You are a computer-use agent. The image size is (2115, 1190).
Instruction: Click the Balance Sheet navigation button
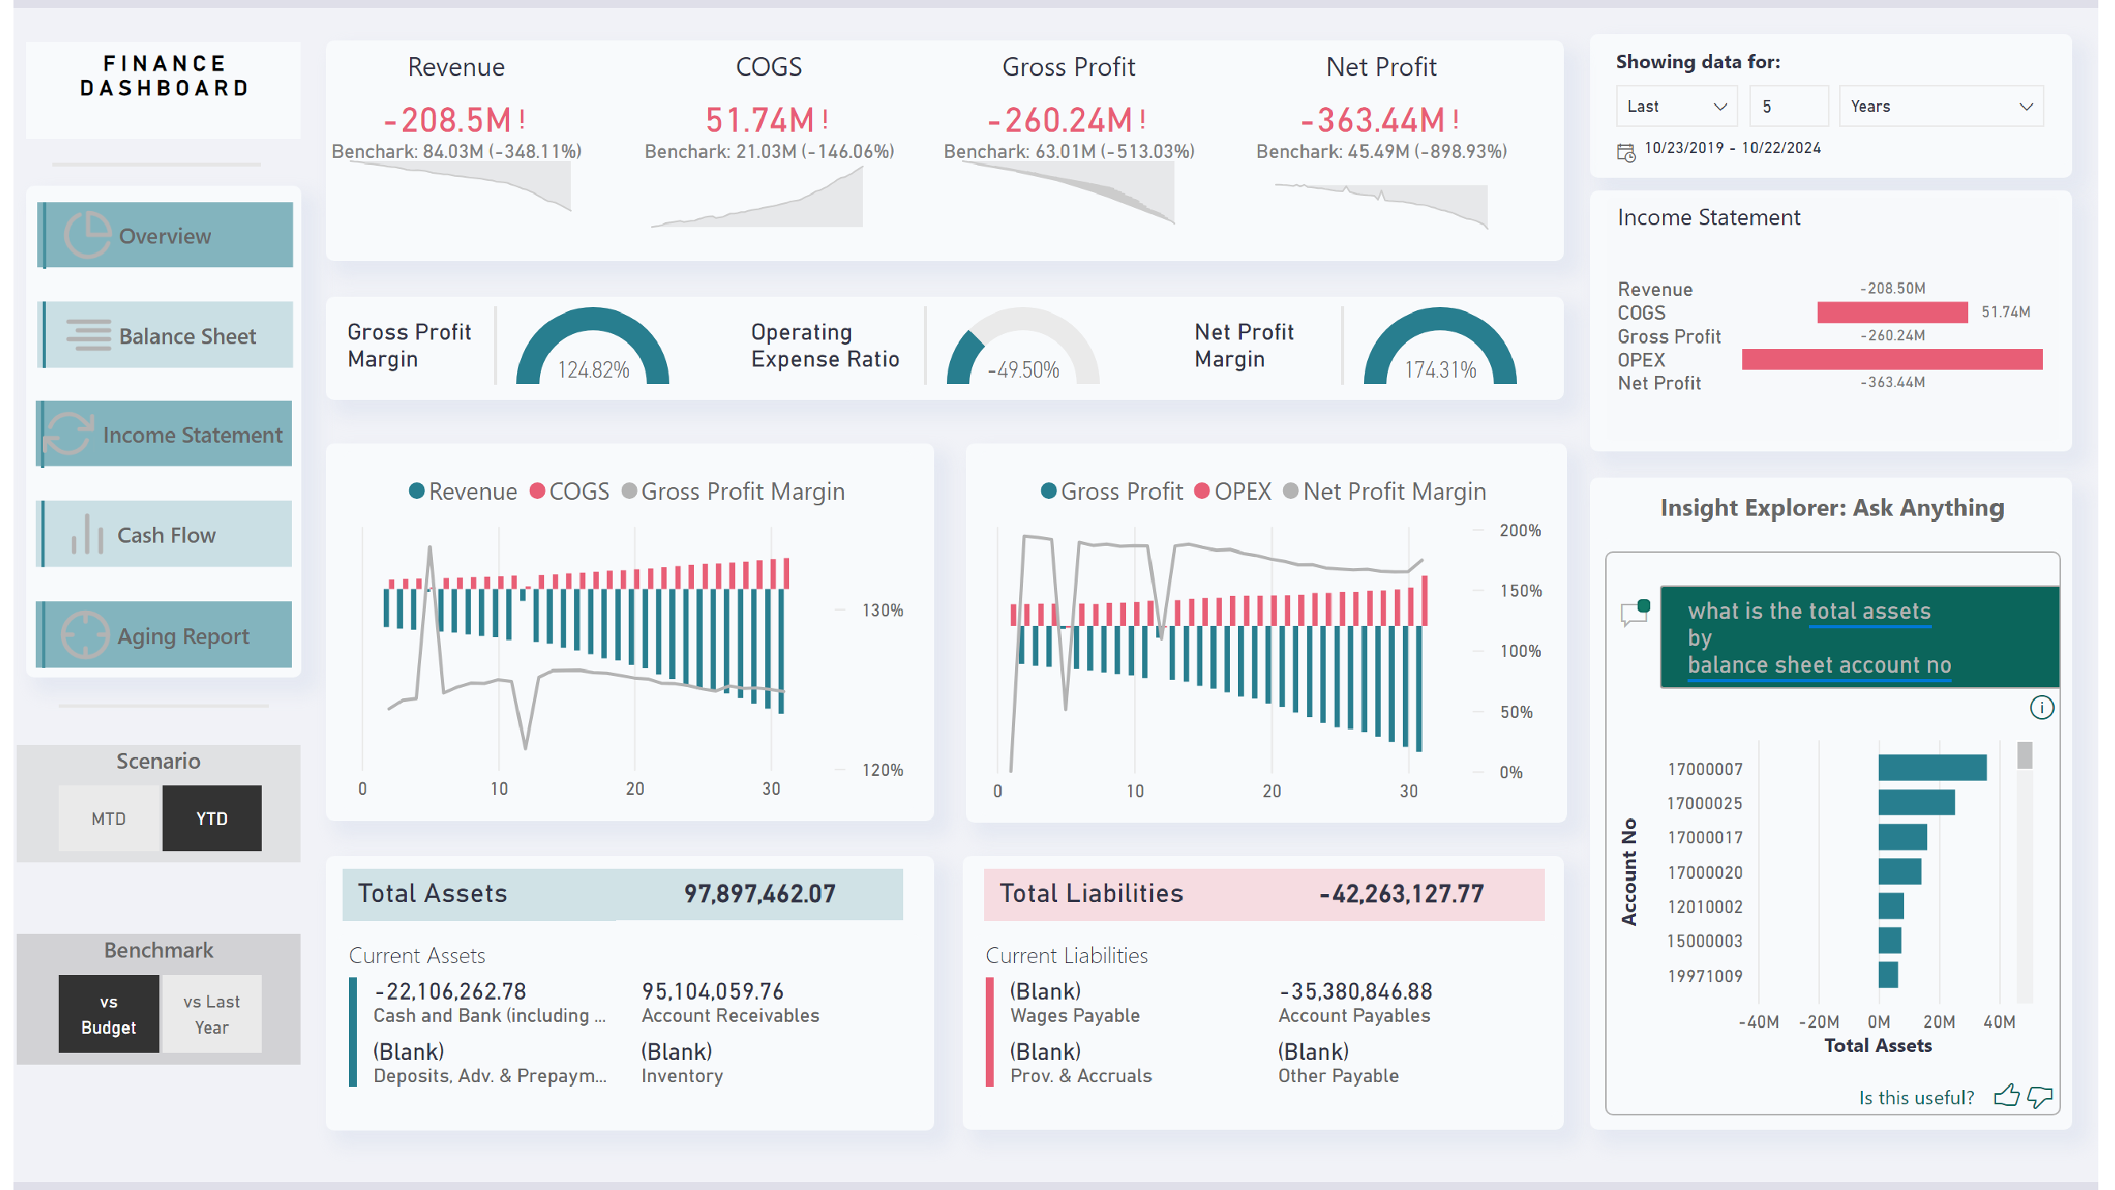pos(165,335)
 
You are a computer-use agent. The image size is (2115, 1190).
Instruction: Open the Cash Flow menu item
pos(165,535)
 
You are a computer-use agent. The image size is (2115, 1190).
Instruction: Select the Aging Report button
pos(165,635)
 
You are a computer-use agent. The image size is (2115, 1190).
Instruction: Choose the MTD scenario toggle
pos(109,819)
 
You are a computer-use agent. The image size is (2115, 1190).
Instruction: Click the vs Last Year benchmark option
pos(211,1014)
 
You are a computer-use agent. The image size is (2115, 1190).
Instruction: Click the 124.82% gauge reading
pos(593,370)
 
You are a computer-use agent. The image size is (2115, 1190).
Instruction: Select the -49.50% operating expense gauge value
pos(1023,370)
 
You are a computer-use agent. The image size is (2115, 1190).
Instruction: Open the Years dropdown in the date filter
pos(1940,106)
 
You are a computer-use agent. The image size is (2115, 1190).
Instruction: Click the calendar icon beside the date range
pos(1626,151)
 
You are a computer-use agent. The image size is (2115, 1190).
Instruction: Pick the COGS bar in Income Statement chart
pos(1891,312)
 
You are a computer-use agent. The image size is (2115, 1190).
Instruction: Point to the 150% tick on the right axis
pos(1519,590)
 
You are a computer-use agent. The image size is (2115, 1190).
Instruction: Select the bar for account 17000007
pos(1931,768)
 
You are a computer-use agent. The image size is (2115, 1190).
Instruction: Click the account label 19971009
pos(1704,976)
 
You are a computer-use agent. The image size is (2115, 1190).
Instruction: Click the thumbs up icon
pos(2006,1096)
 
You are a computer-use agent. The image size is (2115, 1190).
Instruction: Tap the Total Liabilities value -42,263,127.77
pos(1400,893)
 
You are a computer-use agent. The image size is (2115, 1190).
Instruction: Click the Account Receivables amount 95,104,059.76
pos(712,991)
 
